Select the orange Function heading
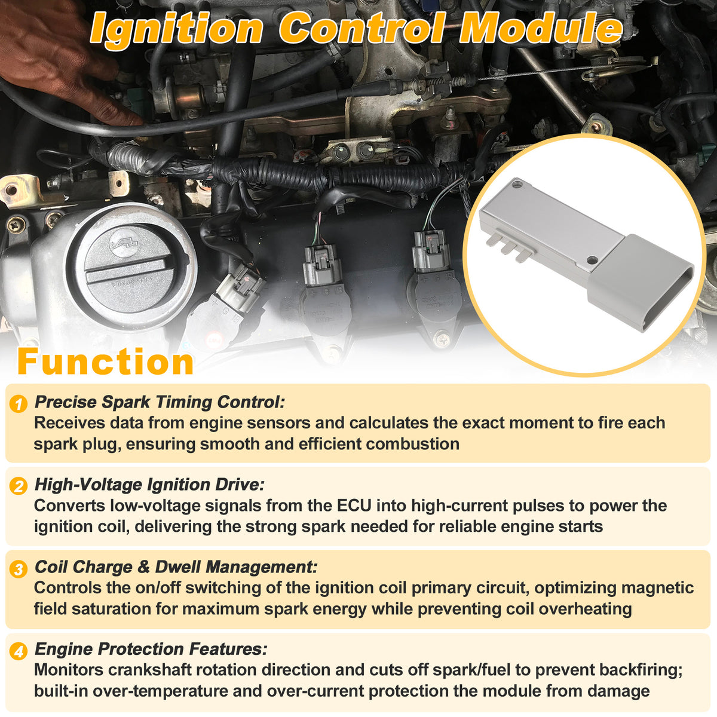106,361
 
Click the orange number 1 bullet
19,404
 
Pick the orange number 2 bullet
19,486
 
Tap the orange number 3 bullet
19,569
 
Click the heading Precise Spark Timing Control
160,402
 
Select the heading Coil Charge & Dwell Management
176,567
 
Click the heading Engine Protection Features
151,649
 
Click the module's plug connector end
640,283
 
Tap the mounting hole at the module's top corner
516,183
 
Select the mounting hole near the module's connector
592,260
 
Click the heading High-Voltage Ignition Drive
149,485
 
